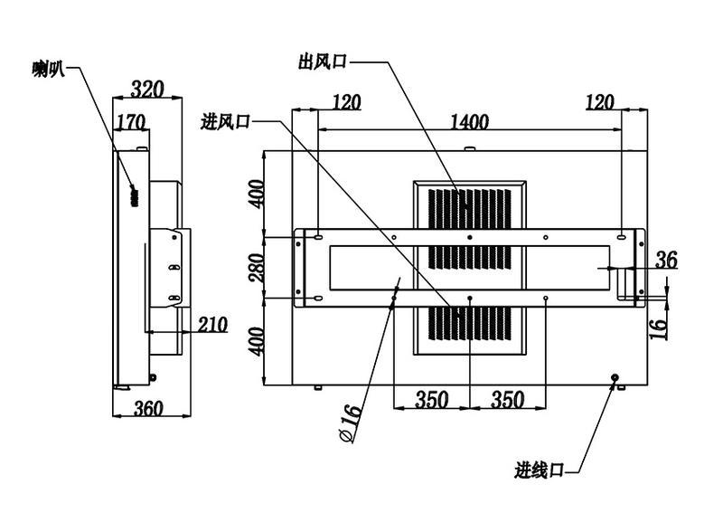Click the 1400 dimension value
click(x=469, y=122)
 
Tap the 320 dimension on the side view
click(x=147, y=90)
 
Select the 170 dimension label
click(x=130, y=122)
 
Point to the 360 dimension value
click(x=148, y=408)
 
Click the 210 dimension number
click(x=213, y=325)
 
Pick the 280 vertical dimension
click(x=257, y=268)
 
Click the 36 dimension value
click(x=666, y=260)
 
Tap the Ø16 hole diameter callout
click(x=352, y=423)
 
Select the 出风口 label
click(x=322, y=62)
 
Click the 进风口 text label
click(x=225, y=122)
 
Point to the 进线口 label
click(x=539, y=470)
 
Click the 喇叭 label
click(x=49, y=70)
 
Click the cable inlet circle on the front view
click(x=615, y=377)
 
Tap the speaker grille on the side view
click(x=135, y=196)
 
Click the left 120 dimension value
click(x=346, y=102)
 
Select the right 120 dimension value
click(x=600, y=102)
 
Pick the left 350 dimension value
click(x=432, y=400)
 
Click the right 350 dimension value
click(x=507, y=400)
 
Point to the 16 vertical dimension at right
click(x=659, y=327)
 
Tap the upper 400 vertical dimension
click(x=257, y=194)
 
